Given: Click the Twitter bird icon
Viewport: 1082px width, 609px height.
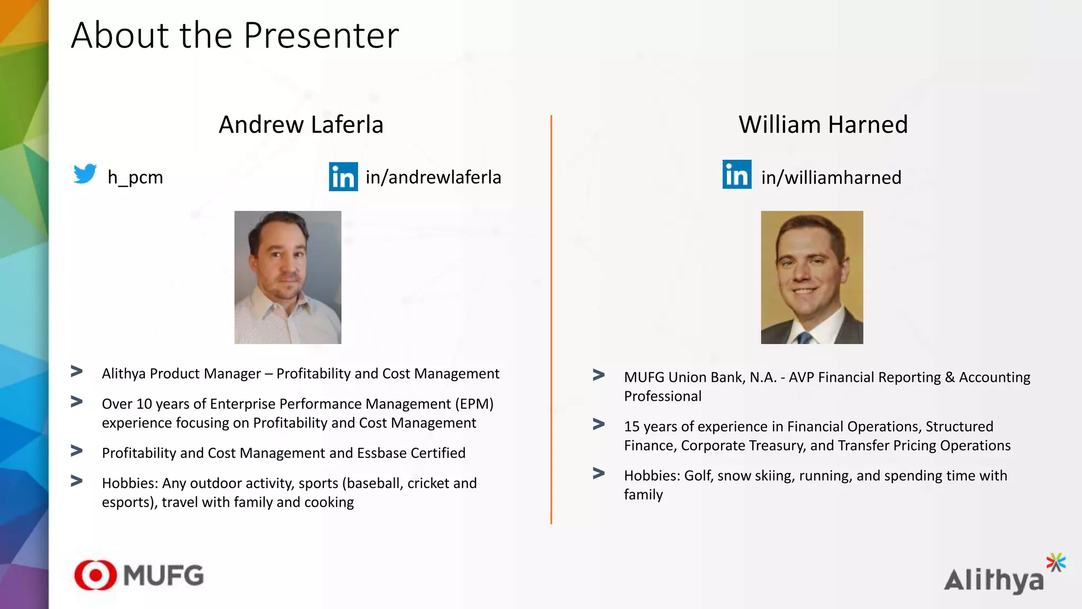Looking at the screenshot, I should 85,174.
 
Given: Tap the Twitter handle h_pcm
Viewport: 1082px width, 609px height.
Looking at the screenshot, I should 135,177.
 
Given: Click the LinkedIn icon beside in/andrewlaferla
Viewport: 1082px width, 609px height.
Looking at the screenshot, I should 343,177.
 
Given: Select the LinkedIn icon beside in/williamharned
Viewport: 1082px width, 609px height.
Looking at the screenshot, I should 737,174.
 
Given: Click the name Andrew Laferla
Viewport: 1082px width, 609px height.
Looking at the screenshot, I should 301,125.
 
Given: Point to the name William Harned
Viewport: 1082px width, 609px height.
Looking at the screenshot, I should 823,125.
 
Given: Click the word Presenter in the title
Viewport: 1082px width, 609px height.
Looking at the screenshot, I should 321,36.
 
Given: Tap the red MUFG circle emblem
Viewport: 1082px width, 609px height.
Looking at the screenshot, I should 96,575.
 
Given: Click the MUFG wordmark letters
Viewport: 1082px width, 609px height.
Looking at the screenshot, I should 164,576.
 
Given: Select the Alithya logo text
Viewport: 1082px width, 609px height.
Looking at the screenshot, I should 993,581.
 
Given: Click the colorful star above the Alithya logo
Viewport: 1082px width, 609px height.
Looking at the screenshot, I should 1056,562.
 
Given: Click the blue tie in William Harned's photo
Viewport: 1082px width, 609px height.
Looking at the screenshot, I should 804,337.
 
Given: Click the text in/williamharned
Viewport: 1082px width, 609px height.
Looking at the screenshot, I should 831,178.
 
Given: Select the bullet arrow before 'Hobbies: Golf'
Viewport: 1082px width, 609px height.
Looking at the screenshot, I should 599,473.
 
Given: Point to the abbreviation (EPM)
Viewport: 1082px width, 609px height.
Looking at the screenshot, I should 474,404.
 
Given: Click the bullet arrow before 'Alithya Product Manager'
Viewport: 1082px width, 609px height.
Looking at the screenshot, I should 77,372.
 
